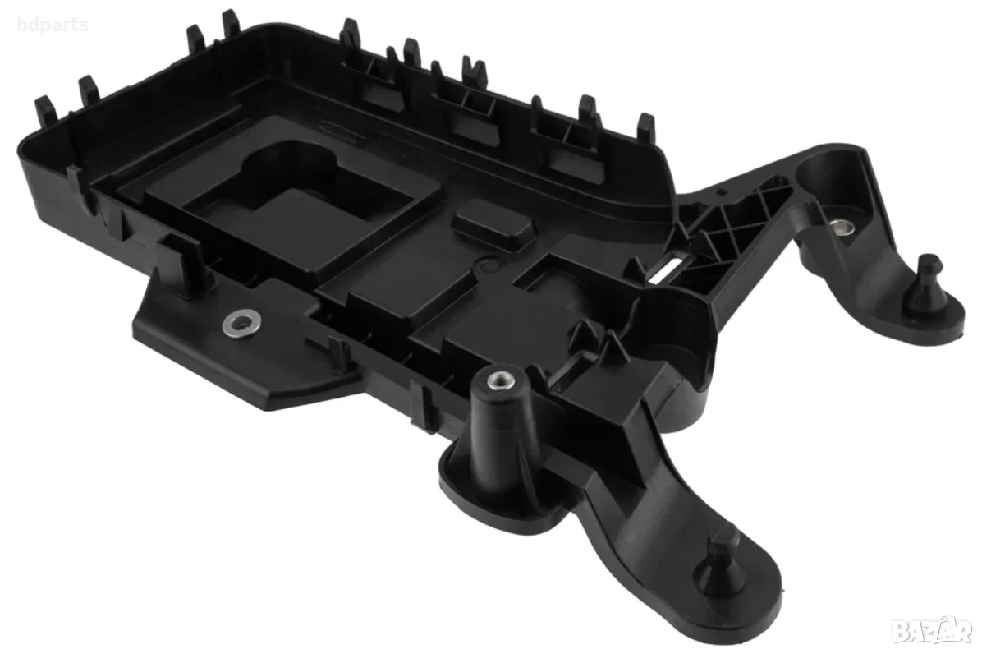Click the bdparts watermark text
[54, 25]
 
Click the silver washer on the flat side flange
[237, 323]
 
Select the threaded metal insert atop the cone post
[498, 379]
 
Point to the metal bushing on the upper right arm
[841, 227]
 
